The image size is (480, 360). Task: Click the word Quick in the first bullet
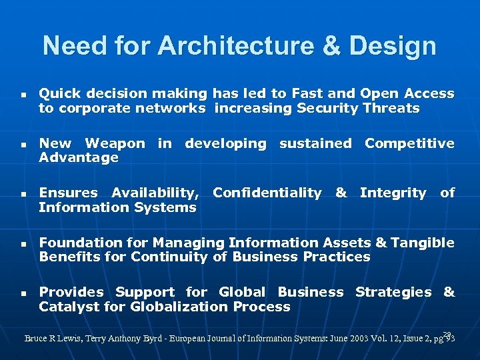[x=57, y=94]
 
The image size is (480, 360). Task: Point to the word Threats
[x=392, y=109]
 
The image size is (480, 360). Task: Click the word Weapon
[x=115, y=143]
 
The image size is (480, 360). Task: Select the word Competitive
[x=409, y=143]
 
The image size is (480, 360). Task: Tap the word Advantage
[x=79, y=158]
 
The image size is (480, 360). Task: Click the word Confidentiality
[x=267, y=193]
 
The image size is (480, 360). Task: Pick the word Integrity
[x=393, y=193]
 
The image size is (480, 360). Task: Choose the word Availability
[x=155, y=193]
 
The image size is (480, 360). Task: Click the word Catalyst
[x=65, y=307]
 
